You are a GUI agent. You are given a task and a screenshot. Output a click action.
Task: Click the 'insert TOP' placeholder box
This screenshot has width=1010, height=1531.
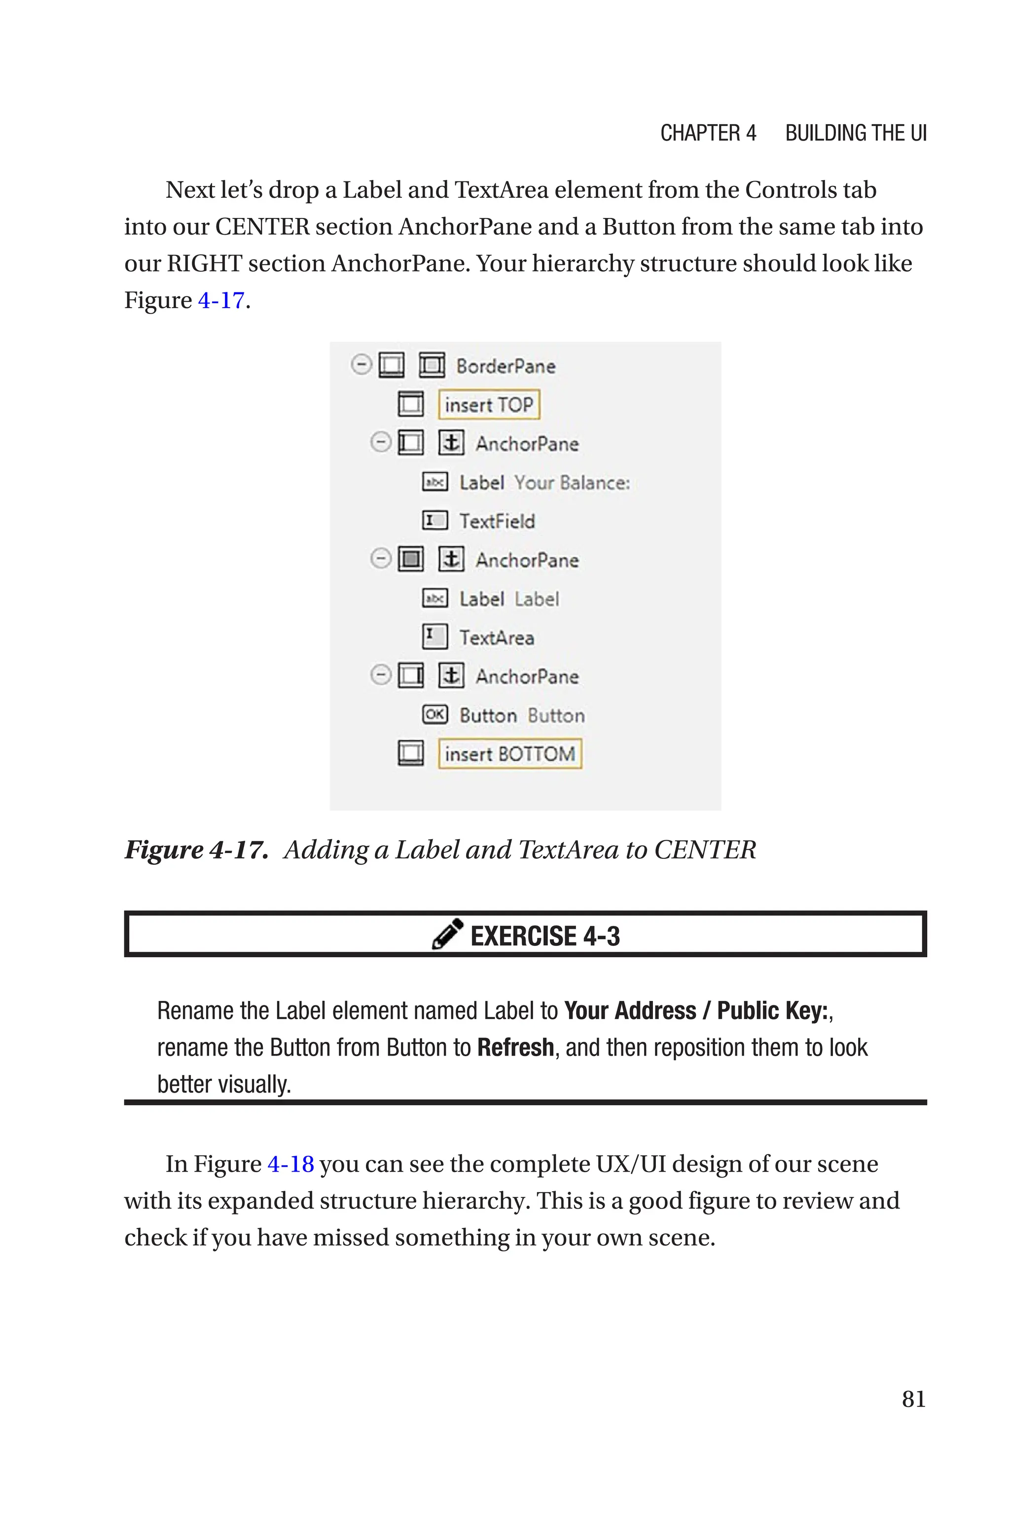[488, 405]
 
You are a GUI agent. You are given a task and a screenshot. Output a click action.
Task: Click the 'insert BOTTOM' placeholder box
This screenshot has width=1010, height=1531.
[509, 753]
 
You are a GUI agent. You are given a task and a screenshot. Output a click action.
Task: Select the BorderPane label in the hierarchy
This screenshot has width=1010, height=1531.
[505, 366]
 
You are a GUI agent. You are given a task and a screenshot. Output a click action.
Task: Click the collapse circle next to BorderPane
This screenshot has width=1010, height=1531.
[361, 365]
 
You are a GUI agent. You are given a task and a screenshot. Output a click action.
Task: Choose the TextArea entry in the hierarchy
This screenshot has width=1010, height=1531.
[497, 638]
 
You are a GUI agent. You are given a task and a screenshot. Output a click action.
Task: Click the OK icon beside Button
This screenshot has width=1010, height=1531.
[435, 714]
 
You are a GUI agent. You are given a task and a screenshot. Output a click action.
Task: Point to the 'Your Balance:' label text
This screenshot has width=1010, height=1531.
[572, 483]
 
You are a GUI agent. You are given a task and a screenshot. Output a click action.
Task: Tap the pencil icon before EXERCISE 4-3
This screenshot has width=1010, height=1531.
[447, 934]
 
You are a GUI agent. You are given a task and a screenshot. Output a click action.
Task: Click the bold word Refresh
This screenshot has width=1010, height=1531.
[515, 1047]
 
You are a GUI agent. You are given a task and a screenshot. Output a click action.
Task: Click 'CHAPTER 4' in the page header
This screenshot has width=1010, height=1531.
[708, 133]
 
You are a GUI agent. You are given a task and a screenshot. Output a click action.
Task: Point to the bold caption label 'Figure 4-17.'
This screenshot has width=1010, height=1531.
[196, 850]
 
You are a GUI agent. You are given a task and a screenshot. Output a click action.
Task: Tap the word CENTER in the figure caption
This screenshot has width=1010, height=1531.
[705, 850]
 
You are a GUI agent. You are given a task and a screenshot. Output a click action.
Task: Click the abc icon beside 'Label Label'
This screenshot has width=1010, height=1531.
[435, 599]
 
